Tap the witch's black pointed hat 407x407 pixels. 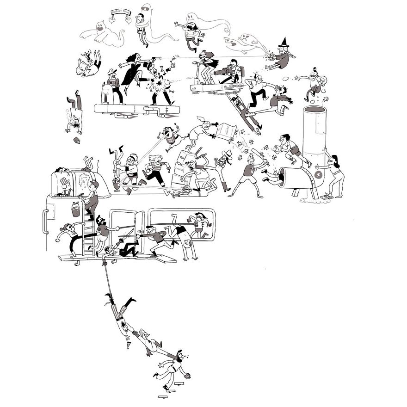tap(283, 45)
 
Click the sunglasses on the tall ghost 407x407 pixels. tap(146, 8)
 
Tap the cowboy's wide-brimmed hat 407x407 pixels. tap(227, 153)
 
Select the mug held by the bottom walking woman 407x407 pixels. tap(187, 376)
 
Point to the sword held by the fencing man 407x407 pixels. tap(127, 235)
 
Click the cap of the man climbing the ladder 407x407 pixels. tap(95, 185)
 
